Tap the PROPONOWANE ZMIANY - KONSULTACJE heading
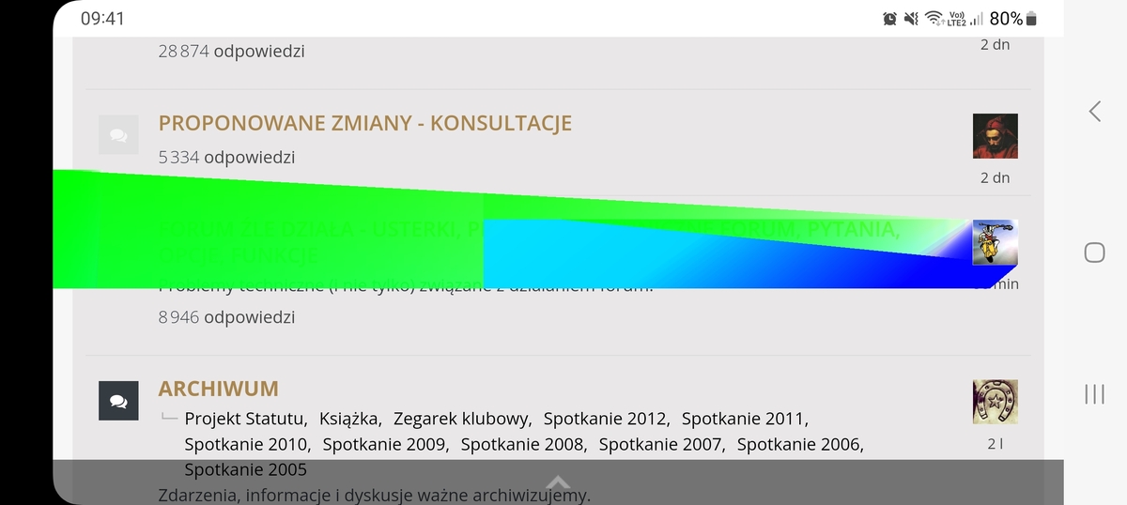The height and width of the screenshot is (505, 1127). click(364, 124)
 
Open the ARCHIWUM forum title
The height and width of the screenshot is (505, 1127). click(218, 389)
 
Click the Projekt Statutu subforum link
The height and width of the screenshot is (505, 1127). click(245, 419)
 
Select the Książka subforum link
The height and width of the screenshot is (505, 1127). click(348, 419)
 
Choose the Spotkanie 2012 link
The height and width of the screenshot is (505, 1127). click(606, 419)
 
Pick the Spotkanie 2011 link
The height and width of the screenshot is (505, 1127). click(744, 419)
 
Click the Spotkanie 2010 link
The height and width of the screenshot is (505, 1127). click(247, 444)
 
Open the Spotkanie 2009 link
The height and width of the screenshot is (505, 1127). click(385, 444)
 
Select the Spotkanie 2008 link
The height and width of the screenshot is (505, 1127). click(523, 444)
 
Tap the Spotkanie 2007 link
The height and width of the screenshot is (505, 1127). click(661, 444)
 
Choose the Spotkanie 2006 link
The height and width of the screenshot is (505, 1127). click(799, 444)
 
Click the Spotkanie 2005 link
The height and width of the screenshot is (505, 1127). click(245, 469)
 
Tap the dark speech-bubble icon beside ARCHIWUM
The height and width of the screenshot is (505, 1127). click(118, 402)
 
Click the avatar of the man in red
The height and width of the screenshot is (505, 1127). click(995, 136)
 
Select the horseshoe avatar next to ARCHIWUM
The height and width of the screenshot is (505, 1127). click(995, 402)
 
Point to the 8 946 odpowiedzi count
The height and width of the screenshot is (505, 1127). click(226, 317)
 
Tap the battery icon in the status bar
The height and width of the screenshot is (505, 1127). click(1032, 19)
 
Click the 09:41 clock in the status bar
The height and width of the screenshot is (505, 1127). click(102, 19)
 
